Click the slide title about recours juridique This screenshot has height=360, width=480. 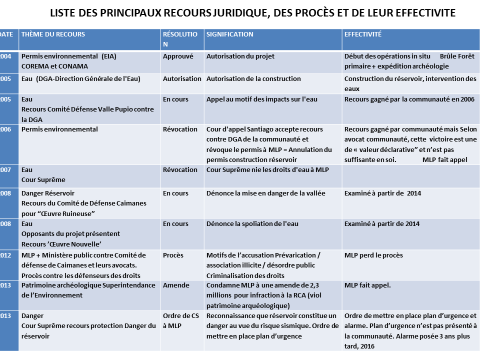click(x=252, y=13)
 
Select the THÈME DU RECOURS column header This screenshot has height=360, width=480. click(x=53, y=34)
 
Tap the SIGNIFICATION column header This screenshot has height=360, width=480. click(x=230, y=34)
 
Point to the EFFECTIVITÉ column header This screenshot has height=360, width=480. click(x=363, y=34)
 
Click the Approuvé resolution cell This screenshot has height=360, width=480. click(x=178, y=56)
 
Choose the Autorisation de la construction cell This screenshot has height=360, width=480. click(x=253, y=78)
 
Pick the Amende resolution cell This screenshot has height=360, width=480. click(x=176, y=285)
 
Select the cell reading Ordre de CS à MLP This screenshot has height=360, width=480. click(x=180, y=320)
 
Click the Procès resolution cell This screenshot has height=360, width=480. click(x=173, y=255)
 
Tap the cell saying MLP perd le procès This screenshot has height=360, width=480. click(x=373, y=255)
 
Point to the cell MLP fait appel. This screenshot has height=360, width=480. click(x=367, y=285)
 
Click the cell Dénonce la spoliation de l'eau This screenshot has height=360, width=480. click(x=252, y=223)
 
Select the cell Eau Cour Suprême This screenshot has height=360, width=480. click(x=43, y=174)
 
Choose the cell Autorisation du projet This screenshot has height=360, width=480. click(x=240, y=56)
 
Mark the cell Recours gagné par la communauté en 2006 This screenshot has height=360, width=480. click(x=409, y=99)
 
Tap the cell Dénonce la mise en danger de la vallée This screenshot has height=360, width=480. click(x=266, y=193)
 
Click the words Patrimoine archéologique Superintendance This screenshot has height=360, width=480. click(x=88, y=285)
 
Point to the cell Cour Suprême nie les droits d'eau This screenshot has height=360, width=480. click(x=267, y=169)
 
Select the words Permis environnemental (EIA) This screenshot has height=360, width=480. click(x=69, y=56)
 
